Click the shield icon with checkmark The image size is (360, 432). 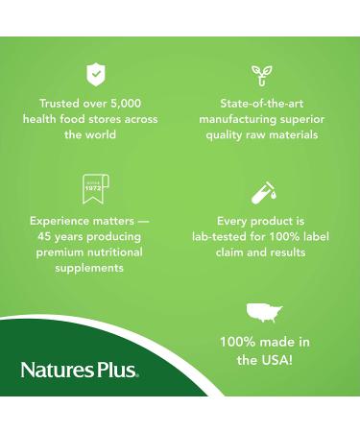point(94,73)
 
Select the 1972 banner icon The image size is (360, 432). point(94,188)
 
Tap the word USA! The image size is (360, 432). point(278,360)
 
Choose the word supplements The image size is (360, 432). point(89,269)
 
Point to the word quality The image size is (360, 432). point(228,135)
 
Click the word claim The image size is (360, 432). point(236,252)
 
